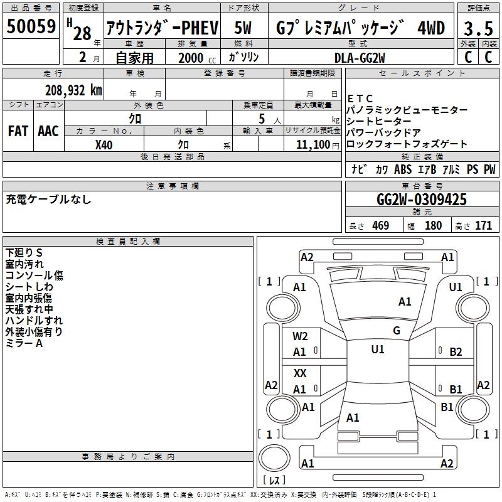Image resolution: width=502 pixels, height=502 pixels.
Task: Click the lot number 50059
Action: click(31, 27)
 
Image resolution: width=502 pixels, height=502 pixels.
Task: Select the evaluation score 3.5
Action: click(478, 29)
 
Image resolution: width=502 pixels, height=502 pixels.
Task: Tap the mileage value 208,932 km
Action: click(73, 90)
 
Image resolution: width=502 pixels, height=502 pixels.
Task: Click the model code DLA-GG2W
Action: click(360, 57)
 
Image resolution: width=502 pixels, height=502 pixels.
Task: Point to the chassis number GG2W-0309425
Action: click(422, 200)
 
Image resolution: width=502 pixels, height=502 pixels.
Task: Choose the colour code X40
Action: click(104, 144)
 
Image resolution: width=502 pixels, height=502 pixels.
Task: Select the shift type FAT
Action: click(18, 131)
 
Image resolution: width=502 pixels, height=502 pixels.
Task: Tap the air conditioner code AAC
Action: click(48, 131)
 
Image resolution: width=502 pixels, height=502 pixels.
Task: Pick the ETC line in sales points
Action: click(360, 99)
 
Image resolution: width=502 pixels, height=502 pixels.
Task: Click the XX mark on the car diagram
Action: click(300, 373)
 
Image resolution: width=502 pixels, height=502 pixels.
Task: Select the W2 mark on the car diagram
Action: click(300, 336)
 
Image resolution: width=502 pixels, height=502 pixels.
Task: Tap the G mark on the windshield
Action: click(397, 331)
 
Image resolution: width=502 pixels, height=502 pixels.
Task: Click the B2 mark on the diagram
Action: click(456, 352)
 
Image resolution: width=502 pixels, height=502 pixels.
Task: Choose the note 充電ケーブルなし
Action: click(48, 200)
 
